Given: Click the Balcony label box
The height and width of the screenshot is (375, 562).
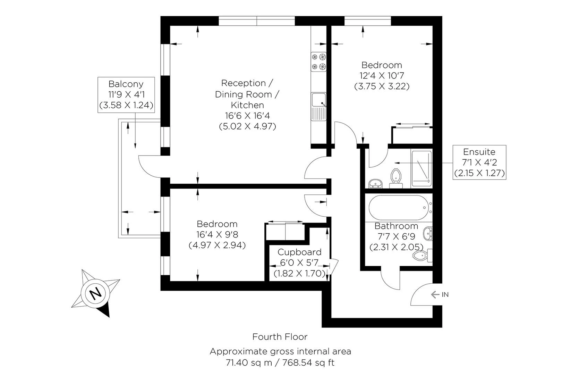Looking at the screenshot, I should tap(126, 94).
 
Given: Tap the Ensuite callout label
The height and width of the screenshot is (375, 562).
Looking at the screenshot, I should tap(479, 162).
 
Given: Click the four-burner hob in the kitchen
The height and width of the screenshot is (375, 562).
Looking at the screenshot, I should tap(318, 61).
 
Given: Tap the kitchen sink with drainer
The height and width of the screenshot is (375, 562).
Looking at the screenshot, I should tap(318, 106).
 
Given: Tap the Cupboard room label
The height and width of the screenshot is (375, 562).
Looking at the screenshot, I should tap(299, 252).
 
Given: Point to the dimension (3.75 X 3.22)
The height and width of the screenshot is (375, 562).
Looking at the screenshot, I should tap(382, 86).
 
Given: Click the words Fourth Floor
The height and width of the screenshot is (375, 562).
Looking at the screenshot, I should tap(280, 336).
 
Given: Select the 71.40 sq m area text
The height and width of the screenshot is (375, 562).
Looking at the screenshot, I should tap(247, 363).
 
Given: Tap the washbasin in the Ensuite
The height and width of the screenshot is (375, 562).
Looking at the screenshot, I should tap(375, 183).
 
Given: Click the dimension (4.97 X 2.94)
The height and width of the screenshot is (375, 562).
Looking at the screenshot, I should tap(217, 245).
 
